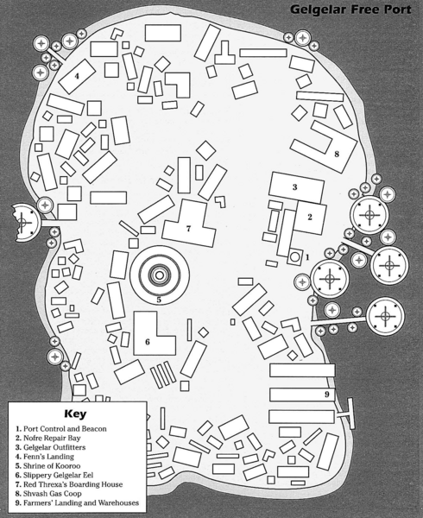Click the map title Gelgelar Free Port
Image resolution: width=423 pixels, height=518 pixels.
pyautogui.click(x=350, y=9)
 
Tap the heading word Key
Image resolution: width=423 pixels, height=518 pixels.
pyautogui.click(x=75, y=414)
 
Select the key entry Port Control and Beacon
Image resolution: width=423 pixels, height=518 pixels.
pyautogui.click(x=61, y=429)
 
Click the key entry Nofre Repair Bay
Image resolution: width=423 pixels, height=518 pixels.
pyautogui.click(x=47, y=438)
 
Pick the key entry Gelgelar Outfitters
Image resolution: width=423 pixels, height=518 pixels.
pyautogui.click(x=51, y=447)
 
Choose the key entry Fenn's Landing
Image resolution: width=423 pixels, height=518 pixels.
pyautogui.click(x=45, y=457)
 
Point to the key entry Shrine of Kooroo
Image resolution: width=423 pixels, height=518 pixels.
pyautogui.click(x=47, y=466)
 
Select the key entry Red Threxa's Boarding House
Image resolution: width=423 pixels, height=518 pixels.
pyautogui.click(x=69, y=484)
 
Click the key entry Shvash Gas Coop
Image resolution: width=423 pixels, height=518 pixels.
pyautogui.click(x=48, y=494)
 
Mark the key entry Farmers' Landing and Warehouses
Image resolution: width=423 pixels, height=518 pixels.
pyautogui.click(x=78, y=502)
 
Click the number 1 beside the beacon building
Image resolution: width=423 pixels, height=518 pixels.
pyautogui.click(x=307, y=256)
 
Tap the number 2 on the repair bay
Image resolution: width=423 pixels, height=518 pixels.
pyautogui.click(x=310, y=217)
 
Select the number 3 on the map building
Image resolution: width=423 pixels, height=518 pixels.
pyautogui.click(x=295, y=187)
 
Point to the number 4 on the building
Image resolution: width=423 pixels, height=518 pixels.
pyautogui.click(x=77, y=76)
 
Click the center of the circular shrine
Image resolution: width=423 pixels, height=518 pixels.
pyautogui.click(x=159, y=275)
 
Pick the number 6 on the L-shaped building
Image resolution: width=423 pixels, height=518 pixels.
pyautogui.click(x=148, y=342)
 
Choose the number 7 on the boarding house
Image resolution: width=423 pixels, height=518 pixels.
pyautogui.click(x=188, y=228)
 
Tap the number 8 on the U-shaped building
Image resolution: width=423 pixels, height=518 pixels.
pyautogui.click(x=337, y=154)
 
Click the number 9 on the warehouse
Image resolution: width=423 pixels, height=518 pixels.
pyautogui.click(x=327, y=395)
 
